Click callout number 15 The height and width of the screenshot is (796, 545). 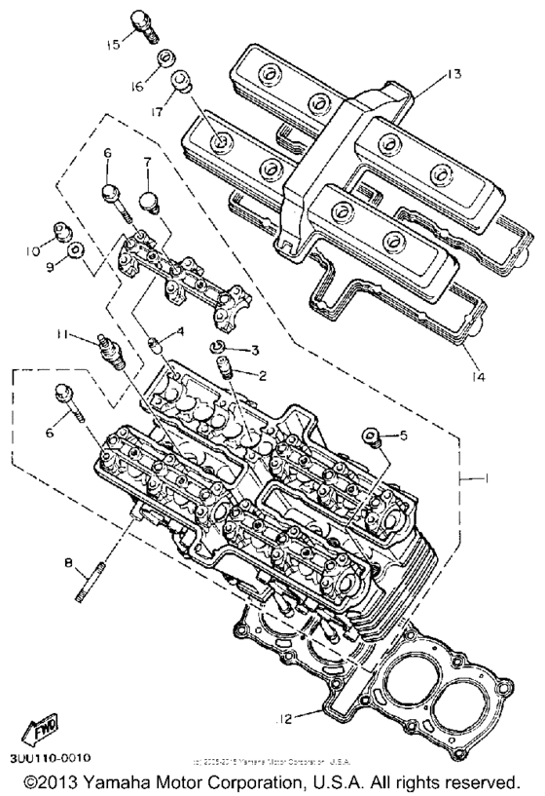click(114, 45)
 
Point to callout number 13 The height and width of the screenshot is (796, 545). click(425, 73)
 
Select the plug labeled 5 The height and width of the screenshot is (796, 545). click(371, 436)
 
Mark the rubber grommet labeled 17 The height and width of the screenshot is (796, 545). click(181, 83)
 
